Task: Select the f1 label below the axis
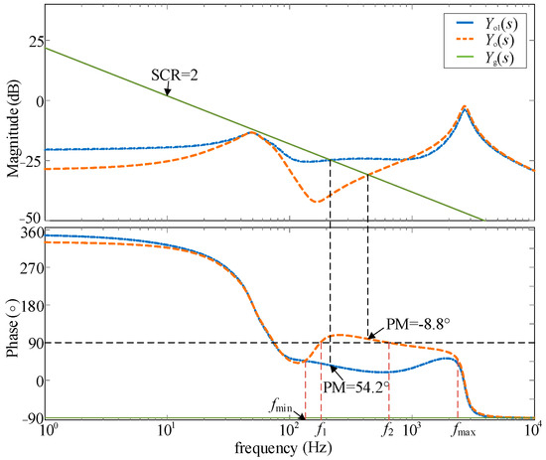click(321, 431)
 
